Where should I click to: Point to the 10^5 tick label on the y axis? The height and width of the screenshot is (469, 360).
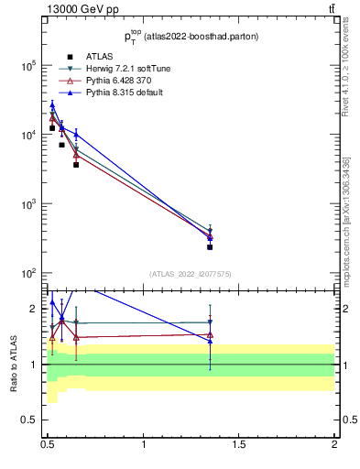click(28, 66)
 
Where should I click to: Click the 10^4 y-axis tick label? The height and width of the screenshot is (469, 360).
click(28, 135)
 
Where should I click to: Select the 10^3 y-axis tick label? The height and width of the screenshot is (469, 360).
click(28, 204)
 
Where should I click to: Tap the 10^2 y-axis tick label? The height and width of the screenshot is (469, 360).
click(28, 273)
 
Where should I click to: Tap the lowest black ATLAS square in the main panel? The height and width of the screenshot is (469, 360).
click(210, 246)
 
